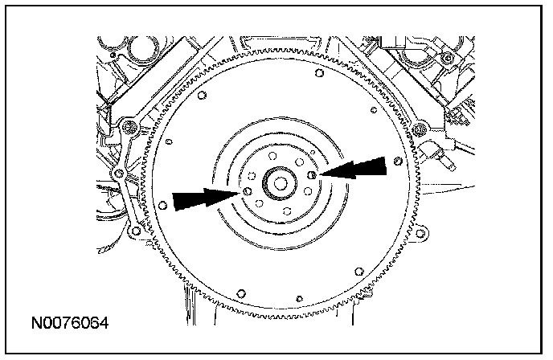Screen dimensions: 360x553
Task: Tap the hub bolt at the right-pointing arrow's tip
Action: [x=246, y=192]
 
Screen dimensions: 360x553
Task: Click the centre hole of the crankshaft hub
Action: [x=278, y=182]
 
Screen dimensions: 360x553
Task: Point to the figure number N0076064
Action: [x=70, y=324]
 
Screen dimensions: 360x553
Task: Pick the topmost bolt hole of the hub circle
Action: [x=271, y=155]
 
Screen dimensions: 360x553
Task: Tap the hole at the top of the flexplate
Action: [x=319, y=74]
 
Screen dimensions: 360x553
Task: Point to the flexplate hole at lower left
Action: [x=238, y=292]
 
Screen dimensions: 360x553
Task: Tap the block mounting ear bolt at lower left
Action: [x=134, y=231]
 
